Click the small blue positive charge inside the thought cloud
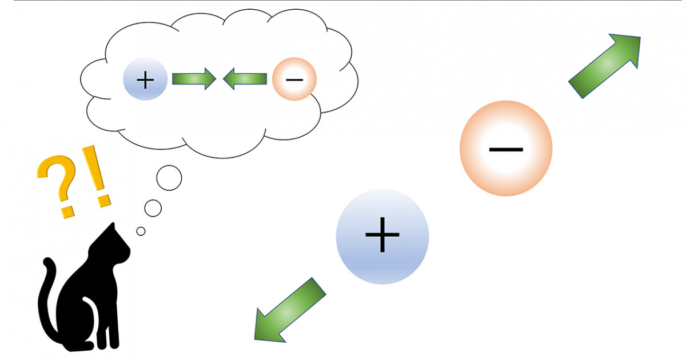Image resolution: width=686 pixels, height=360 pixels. [x=145, y=79]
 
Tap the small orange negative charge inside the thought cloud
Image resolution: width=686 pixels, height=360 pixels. [x=294, y=79]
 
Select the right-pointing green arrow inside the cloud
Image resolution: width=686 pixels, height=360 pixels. [x=194, y=79]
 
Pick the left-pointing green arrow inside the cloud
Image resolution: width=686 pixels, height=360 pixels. [x=245, y=79]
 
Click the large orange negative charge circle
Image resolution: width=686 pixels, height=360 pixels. [x=506, y=149]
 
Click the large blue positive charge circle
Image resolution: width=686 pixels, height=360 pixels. [x=382, y=237]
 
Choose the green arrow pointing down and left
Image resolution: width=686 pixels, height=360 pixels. [x=289, y=311]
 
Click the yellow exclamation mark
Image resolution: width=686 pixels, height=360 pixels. [x=97, y=177]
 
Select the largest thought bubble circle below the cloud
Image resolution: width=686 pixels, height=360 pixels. [x=169, y=178]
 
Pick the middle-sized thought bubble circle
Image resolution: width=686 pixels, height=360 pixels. [x=153, y=208]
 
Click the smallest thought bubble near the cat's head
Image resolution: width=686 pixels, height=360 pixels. [x=141, y=231]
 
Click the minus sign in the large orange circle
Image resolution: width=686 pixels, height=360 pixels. [x=506, y=150]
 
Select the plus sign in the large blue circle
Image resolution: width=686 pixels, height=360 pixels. [x=382, y=235]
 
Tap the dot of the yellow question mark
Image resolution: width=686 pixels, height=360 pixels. [x=67, y=212]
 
